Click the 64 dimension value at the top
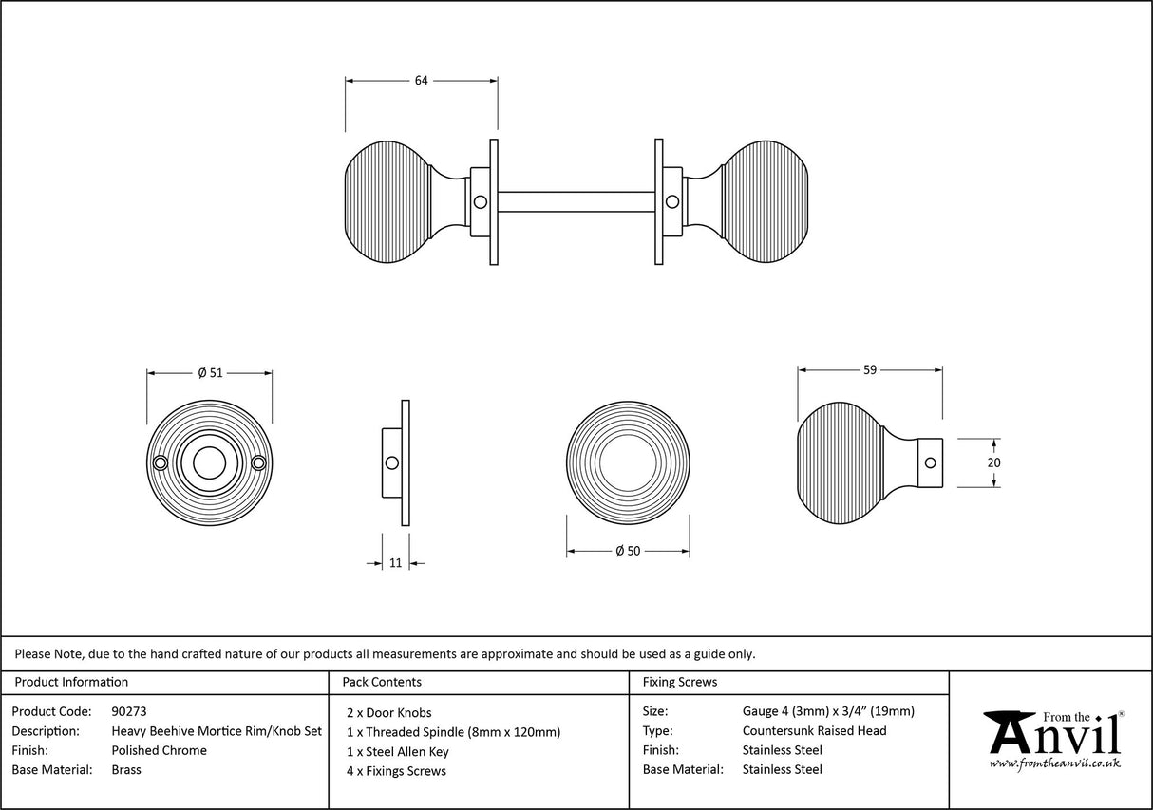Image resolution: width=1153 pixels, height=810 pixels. click(421, 81)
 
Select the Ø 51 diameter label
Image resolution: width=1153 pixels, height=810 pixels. click(210, 373)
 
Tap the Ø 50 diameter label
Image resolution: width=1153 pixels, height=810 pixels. click(627, 551)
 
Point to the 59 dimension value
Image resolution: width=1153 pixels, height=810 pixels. click(869, 370)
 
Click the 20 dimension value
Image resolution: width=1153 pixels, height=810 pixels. click(994, 462)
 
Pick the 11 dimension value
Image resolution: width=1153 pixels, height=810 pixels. click(396, 563)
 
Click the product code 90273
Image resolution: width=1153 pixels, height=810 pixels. click(128, 711)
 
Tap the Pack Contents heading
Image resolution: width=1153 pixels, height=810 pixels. click(382, 682)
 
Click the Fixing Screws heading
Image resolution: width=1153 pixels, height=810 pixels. click(680, 682)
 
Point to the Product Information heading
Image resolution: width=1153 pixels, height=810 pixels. click(71, 682)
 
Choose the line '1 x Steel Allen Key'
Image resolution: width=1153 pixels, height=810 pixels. click(398, 751)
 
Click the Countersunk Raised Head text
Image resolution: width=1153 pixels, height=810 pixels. click(814, 731)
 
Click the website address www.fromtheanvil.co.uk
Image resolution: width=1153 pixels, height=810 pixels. click(1055, 763)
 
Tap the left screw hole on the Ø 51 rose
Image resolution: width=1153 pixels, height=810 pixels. click(161, 462)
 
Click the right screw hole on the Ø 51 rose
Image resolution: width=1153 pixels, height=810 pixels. click(257, 462)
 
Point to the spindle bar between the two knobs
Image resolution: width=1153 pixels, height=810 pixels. click(576, 201)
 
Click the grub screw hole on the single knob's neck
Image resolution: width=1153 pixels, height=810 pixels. click(930, 462)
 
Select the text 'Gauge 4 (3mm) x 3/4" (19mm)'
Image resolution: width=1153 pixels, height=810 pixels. click(828, 711)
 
